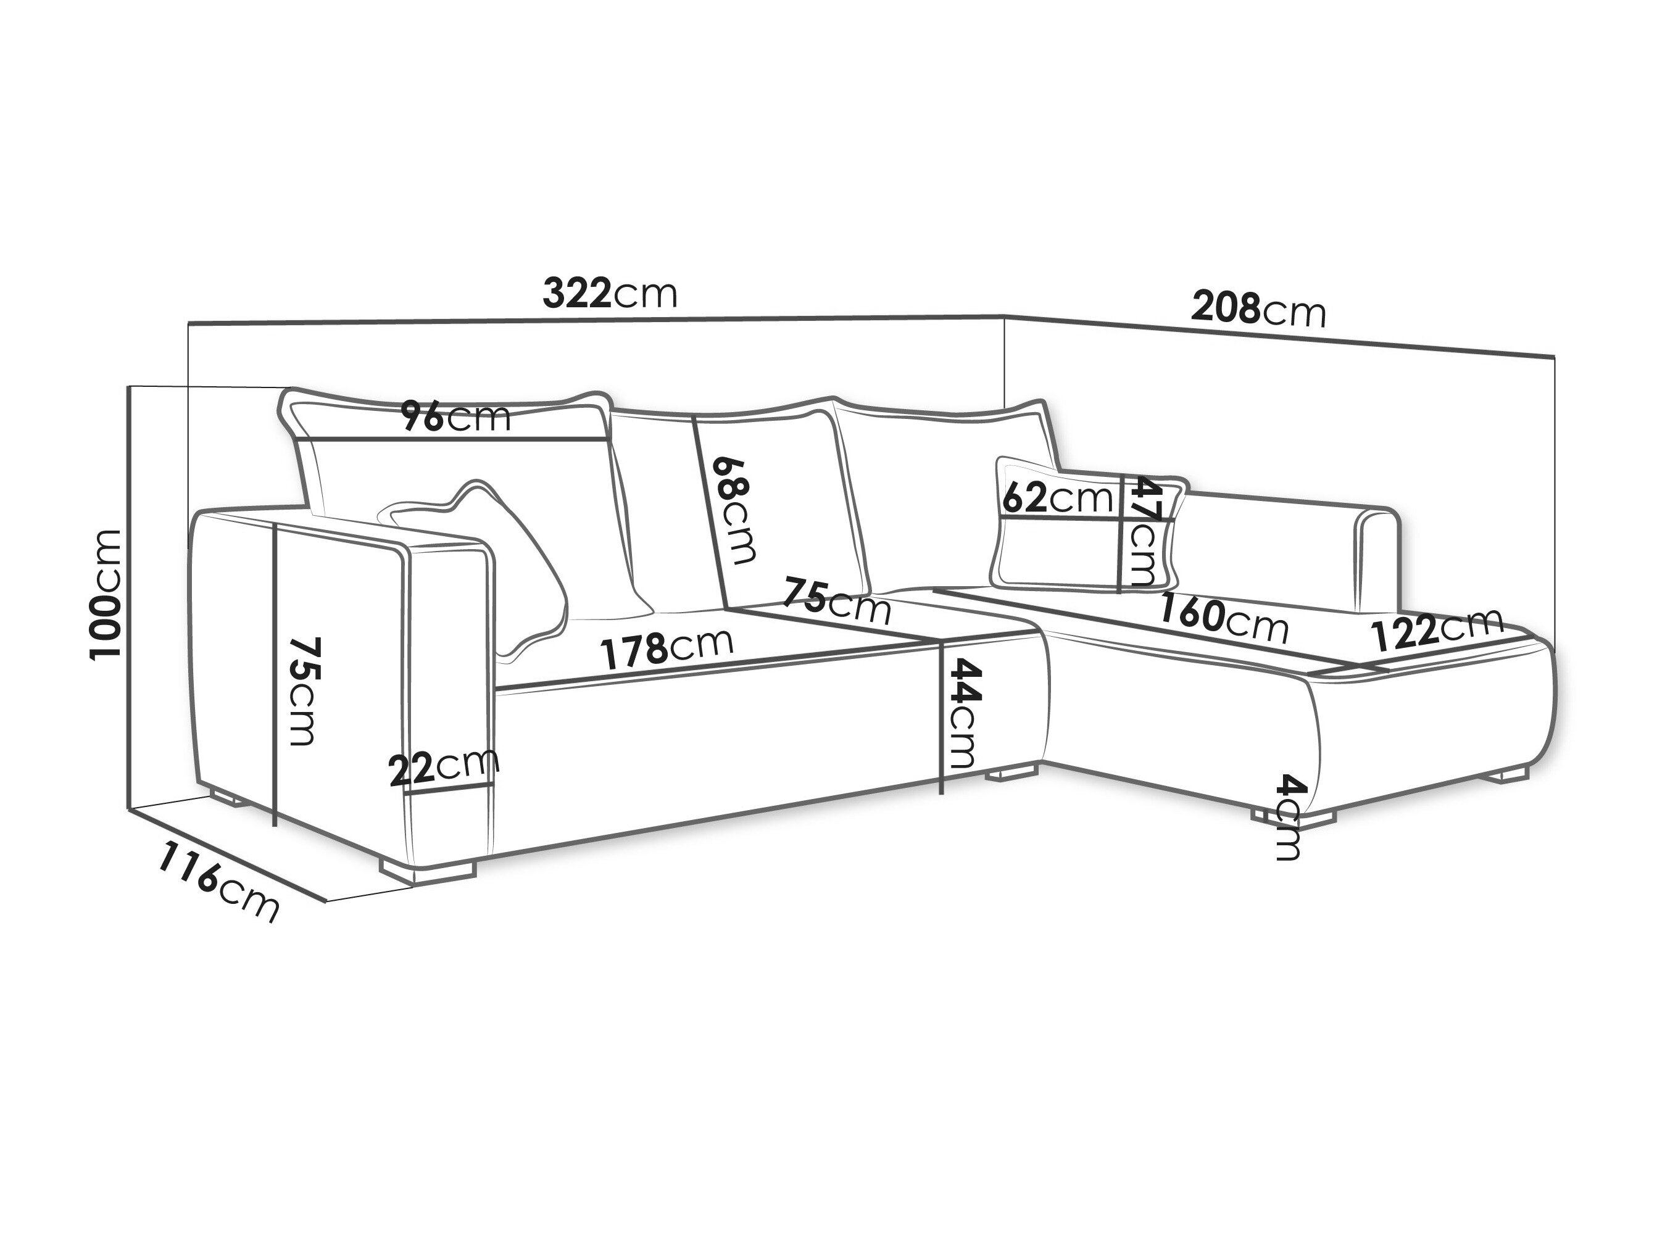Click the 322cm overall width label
pyautogui.click(x=610, y=293)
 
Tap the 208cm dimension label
pyautogui.click(x=1258, y=308)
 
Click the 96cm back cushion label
pyautogui.click(x=455, y=417)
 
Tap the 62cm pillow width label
pyautogui.click(x=1057, y=497)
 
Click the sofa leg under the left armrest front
pyautogui.click(x=428, y=867)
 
